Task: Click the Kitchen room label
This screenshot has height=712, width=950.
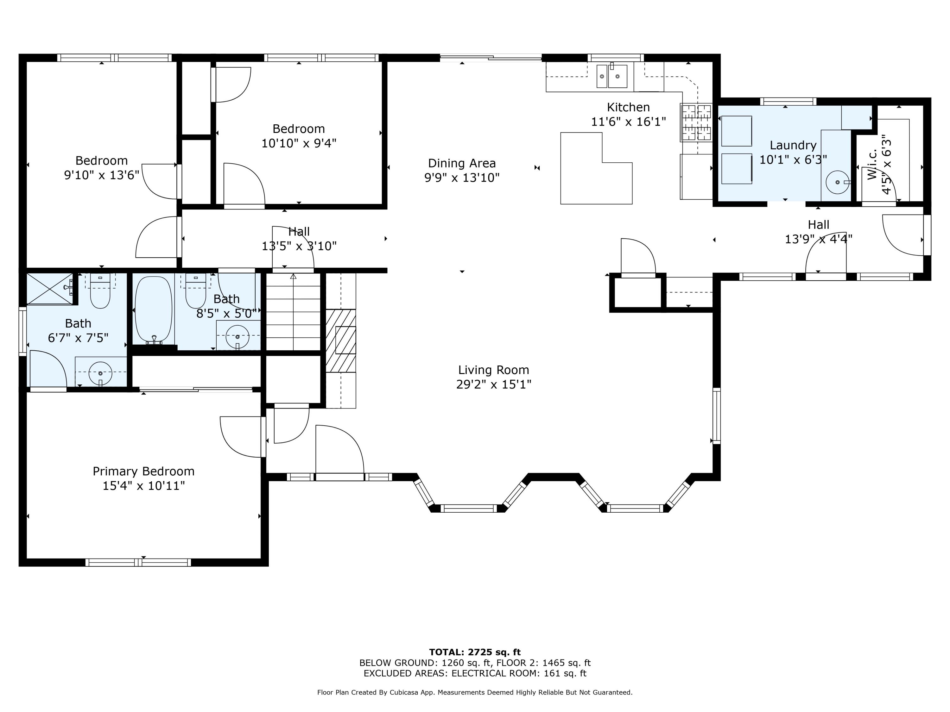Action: (x=628, y=107)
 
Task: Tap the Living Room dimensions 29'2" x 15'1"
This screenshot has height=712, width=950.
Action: (x=493, y=384)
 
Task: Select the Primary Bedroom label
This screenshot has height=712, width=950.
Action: (x=143, y=471)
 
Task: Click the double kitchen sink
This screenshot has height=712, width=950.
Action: (x=611, y=76)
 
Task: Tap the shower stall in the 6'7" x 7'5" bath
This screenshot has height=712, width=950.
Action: (x=50, y=288)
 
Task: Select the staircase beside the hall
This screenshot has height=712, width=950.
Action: (x=293, y=312)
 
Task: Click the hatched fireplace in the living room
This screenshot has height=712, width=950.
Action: (x=341, y=340)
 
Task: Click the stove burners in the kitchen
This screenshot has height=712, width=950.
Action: (x=696, y=123)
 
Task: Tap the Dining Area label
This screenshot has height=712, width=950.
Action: (x=462, y=164)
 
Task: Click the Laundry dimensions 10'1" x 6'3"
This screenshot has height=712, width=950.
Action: (x=793, y=160)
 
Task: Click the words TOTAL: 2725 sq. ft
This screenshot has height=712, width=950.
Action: (x=475, y=652)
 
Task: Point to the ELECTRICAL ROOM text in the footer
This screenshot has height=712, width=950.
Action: (x=494, y=673)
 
